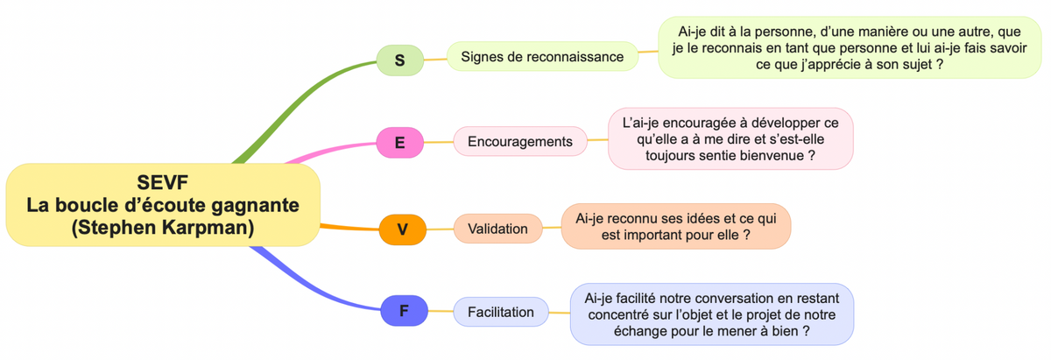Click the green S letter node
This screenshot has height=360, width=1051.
point(399,60)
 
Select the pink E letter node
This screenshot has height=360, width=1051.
point(399,142)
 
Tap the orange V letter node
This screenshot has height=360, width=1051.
point(403,229)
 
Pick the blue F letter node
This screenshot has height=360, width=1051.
point(404,311)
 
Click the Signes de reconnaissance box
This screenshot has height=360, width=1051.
point(542,57)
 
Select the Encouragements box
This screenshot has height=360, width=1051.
point(520,141)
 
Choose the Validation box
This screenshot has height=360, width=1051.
point(497,229)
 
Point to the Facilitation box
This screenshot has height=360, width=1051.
point(501,312)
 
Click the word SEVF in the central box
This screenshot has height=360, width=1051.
point(162,182)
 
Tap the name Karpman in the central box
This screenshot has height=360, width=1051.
point(208,227)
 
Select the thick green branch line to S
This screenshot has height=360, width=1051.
point(300,104)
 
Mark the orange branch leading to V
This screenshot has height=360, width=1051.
point(349,228)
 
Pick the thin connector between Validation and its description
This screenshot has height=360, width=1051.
point(552,228)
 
